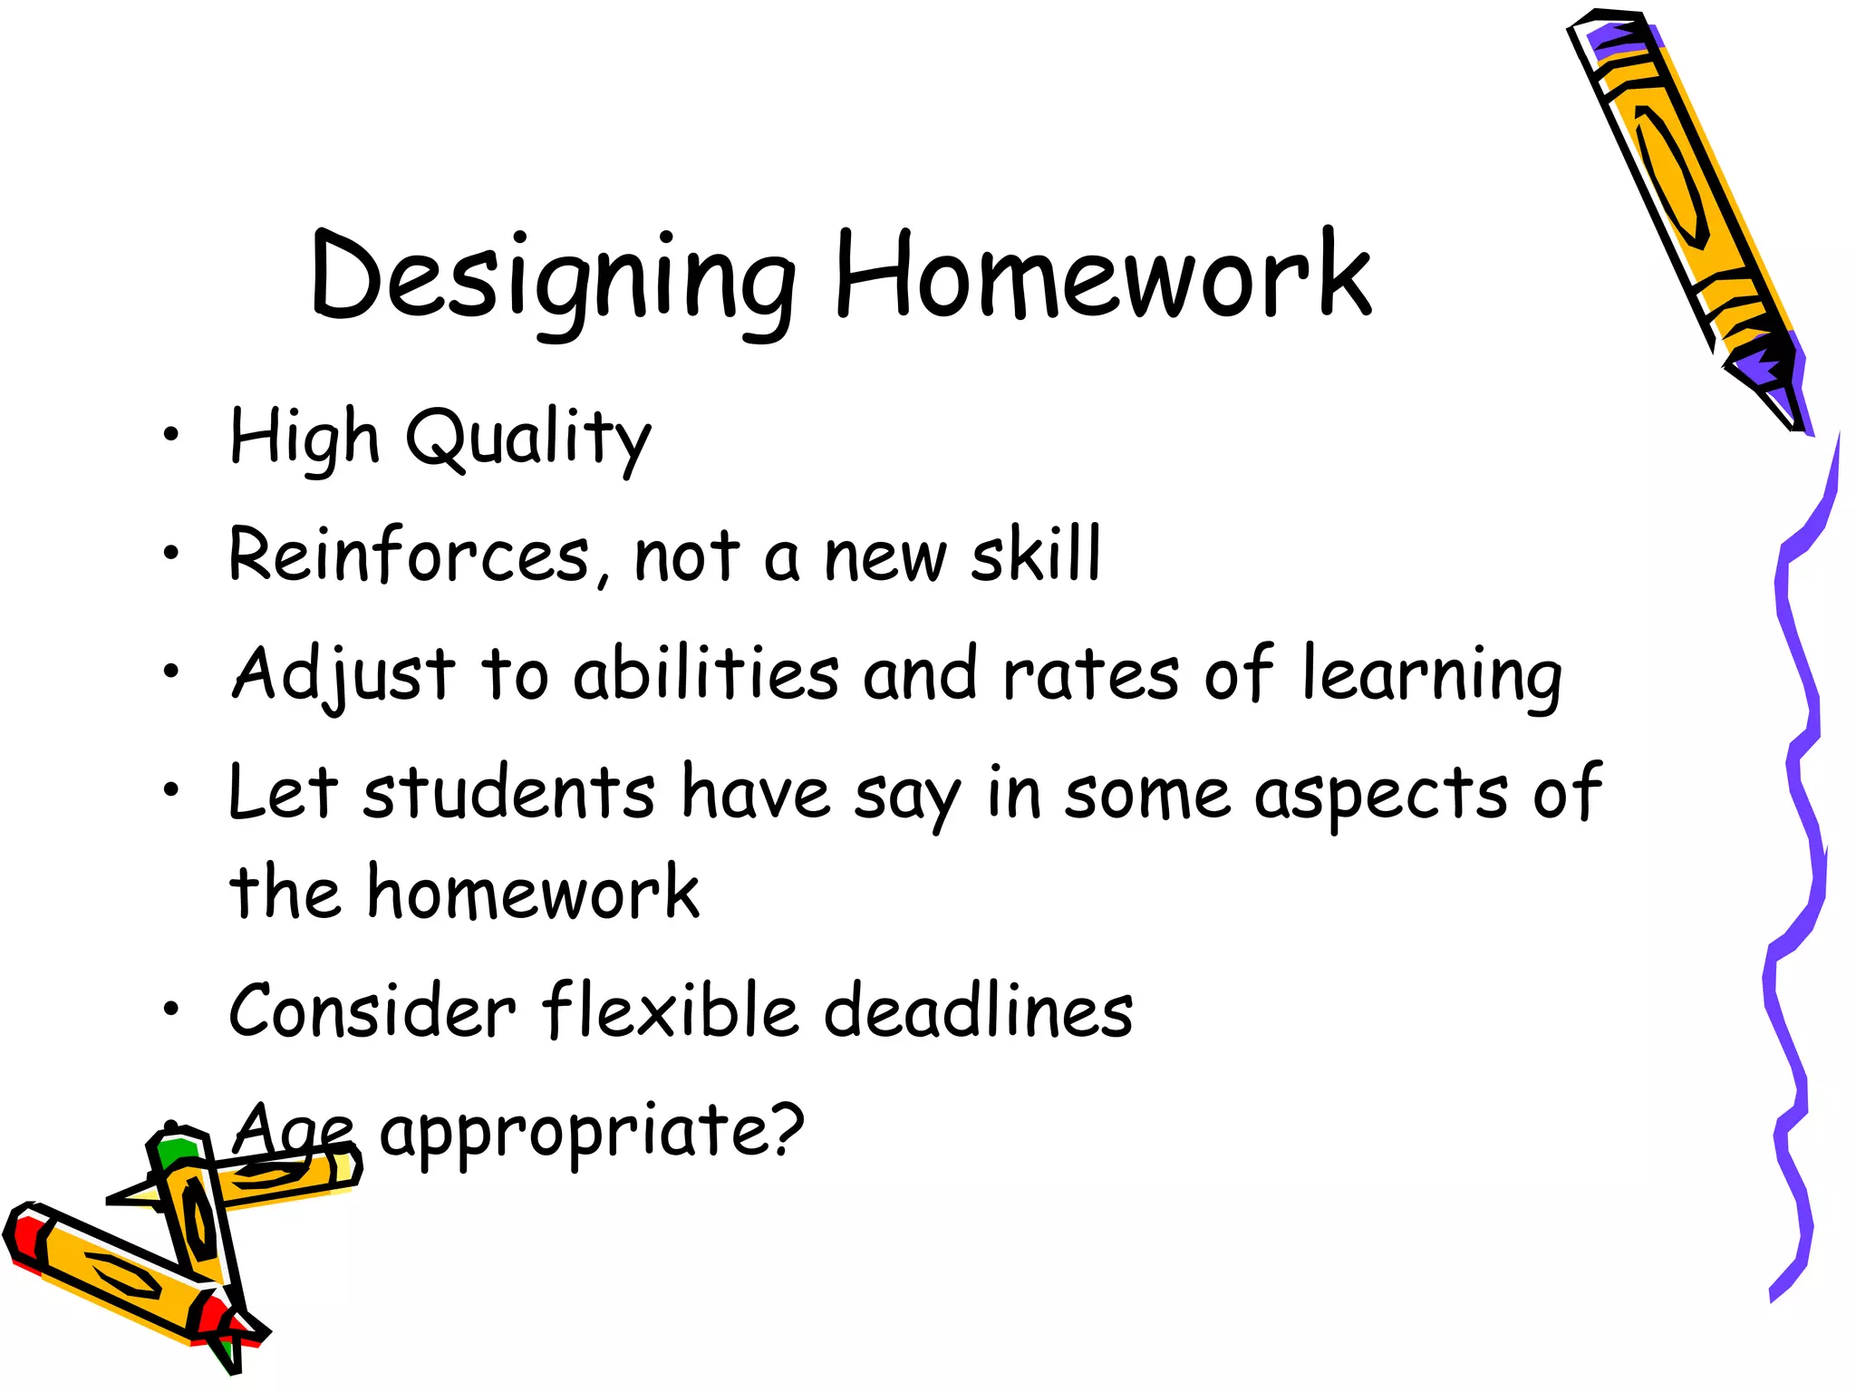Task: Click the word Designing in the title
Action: pyautogui.click(x=553, y=276)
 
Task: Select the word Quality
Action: pyautogui.click(x=528, y=439)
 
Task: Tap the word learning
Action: pyautogui.click(x=1432, y=675)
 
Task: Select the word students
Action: pyautogui.click(x=509, y=792)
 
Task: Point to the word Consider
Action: pyautogui.click(x=372, y=1010)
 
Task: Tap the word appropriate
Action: pyautogui.click(x=591, y=1133)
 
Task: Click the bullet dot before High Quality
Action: pyautogui.click(x=171, y=436)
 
